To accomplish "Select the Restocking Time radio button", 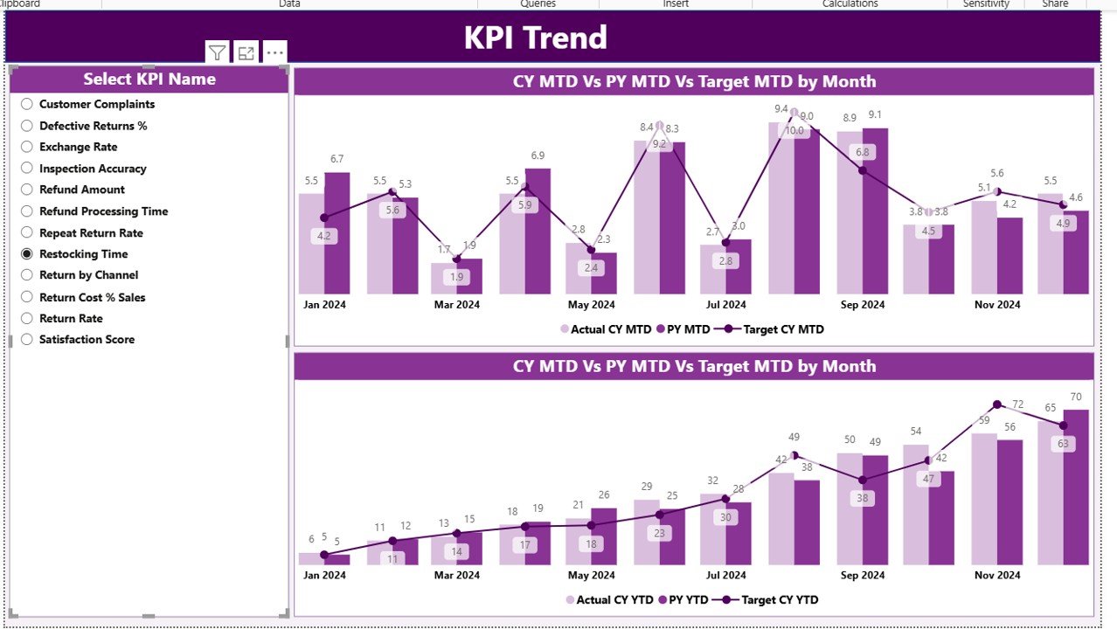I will pyautogui.click(x=27, y=254).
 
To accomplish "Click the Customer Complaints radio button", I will pyautogui.click(x=27, y=104).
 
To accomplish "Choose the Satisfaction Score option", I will pyautogui.click(x=27, y=340).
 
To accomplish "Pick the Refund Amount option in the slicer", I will pyautogui.click(x=27, y=190).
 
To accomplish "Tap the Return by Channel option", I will pyautogui.click(x=27, y=275).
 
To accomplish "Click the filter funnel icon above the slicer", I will pyautogui.click(x=217, y=53).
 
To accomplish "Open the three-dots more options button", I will pyautogui.click(x=274, y=53).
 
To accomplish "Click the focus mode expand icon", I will pyautogui.click(x=246, y=53).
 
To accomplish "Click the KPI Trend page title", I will pyautogui.click(x=535, y=38).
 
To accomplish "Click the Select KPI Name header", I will pyautogui.click(x=149, y=79).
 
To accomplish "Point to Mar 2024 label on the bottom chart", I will pyautogui.click(x=456, y=576).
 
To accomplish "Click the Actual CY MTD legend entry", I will pyautogui.click(x=610, y=330).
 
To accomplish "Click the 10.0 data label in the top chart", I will pyautogui.click(x=794, y=131).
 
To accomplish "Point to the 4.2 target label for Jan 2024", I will pyautogui.click(x=324, y=235).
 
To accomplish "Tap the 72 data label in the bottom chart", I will pyautogui.click(x=1017, y=404).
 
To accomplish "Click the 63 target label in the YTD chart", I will pyautogui.click(x=1063, y=444).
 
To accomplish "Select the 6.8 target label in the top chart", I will pyautogui.click(x=863, y=152).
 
